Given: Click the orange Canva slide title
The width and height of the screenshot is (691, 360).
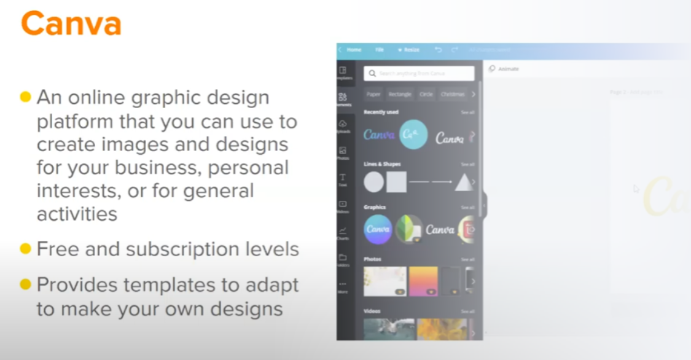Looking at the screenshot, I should coord(71,23).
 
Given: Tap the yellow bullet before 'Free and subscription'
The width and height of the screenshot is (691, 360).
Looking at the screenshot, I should coord(25,249).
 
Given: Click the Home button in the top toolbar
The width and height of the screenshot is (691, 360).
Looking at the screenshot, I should coord(353,50).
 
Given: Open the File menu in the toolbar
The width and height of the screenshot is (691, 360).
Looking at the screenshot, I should coord(380,50).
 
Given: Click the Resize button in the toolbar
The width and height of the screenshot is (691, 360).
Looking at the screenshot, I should coord(409,50).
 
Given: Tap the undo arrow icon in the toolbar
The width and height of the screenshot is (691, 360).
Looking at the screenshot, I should coord(438,50).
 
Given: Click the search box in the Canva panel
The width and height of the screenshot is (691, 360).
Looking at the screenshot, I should coord(419,74).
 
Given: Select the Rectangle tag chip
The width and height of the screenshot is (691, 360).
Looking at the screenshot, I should coord(400,95).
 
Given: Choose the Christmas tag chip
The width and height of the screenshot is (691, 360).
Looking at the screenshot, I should coord(453,95).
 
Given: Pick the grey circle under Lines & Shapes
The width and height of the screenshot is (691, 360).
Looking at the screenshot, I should coord(373,182).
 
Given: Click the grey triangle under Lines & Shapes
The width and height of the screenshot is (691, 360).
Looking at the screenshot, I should coord(464,182).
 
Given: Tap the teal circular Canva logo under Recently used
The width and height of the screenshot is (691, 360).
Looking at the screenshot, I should coord(413,135).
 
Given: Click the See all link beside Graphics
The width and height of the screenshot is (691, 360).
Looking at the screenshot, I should coord(467,208).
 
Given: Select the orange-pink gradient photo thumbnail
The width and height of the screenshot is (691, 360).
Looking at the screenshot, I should coord(423,281).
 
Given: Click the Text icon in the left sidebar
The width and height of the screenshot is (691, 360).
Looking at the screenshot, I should coord(343,180).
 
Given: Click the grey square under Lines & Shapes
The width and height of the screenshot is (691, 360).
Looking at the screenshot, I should coord(396,182).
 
